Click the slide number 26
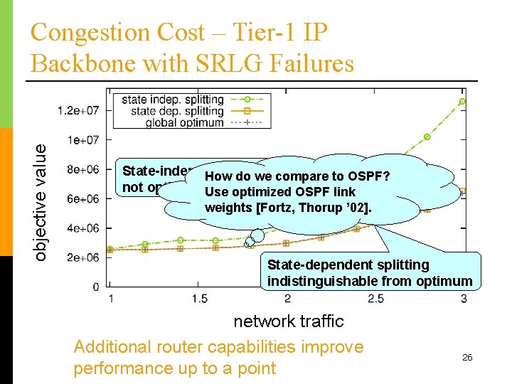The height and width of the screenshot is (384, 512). click(x=467, y=357)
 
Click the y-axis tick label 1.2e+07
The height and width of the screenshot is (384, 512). click(x=78, y=110)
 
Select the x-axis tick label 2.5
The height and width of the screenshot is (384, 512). click(x=375, y=299)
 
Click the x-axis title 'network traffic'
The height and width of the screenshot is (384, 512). click(x=289, y=321)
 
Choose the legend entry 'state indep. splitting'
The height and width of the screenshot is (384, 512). click(x=173, y=100)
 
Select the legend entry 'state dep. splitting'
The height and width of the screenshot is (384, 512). click(x=178, y=111)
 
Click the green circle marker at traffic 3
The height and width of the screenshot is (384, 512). click(x=462, y=102)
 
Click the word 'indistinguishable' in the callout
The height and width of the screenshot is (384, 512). click(x=314, y=282)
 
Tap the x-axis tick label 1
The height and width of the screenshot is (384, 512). click(x=110, y=299)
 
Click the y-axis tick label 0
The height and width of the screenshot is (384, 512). click(x=95, y=287)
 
